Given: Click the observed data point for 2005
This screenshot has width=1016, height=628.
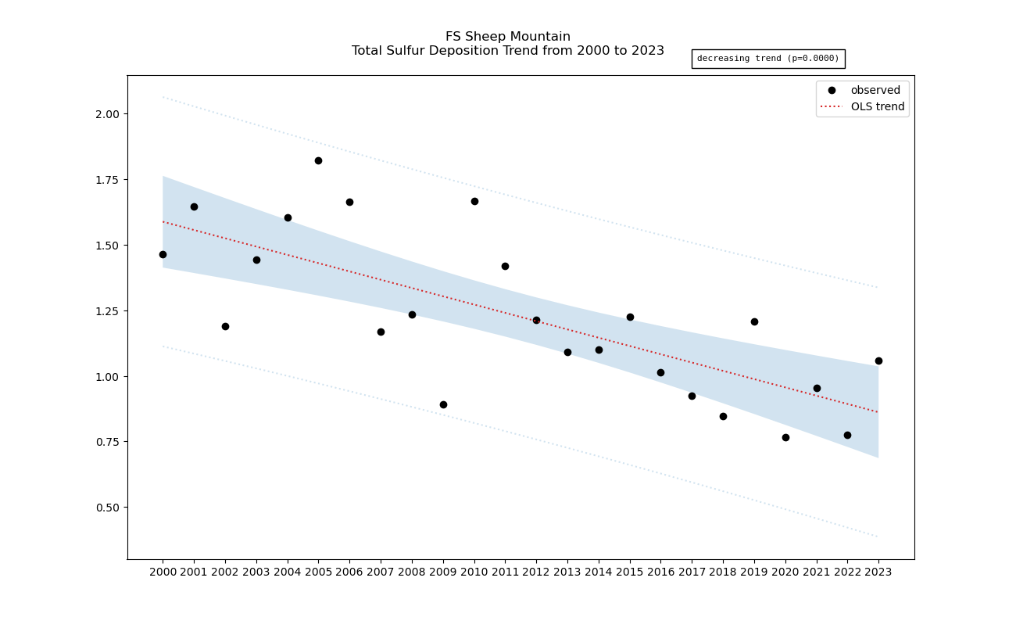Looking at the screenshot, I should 318,160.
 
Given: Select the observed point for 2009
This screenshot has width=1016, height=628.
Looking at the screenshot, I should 443,404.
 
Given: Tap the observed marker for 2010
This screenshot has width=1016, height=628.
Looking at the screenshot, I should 474,201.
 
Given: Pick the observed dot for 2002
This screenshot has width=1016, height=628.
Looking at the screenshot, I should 225,326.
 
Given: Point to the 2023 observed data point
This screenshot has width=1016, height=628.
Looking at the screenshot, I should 878,361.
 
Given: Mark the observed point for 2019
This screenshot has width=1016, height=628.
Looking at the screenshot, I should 754,321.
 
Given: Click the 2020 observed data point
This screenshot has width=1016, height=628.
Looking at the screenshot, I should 785,437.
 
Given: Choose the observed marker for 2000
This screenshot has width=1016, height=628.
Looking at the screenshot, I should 163,254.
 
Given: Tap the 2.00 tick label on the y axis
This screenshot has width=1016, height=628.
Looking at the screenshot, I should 107,114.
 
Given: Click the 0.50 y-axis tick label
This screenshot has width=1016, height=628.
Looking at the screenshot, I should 107,508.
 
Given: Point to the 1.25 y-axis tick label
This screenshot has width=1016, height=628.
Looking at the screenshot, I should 107,310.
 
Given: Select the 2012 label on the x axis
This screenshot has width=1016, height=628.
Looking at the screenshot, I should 536,572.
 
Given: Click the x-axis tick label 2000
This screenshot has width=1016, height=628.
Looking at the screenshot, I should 163,572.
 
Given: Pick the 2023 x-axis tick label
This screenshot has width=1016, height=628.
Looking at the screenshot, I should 878,572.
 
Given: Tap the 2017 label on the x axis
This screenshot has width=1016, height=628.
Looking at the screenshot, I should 692,572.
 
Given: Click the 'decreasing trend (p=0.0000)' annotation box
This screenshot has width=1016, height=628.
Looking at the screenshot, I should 767,59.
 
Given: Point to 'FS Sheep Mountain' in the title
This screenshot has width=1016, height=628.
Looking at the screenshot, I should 508,37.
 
